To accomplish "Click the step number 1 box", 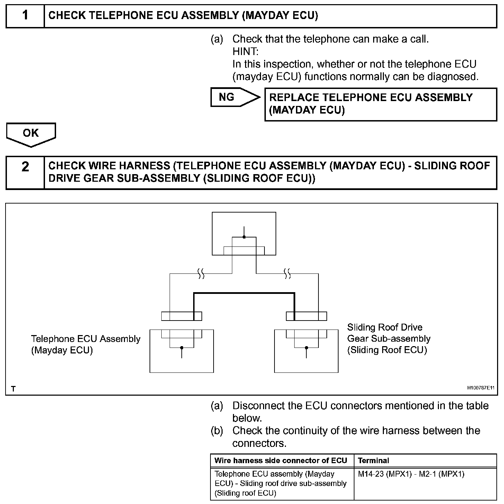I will pyautogui.click(x=25, y=16).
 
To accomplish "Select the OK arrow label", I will pyautogui.click(x=31, y=133).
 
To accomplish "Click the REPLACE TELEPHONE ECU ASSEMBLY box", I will pyautogui.click(x=380, y=104).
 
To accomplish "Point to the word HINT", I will pyautogui.click(x=245, y=52).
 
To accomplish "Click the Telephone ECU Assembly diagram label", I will pyautogui.click(x=85, y=344).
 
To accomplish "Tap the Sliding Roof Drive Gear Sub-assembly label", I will pyautogui.click(x=388, y=339).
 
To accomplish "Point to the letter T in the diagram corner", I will pyautogui.click(x=13, y=389).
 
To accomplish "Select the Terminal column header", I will pyautogui.click(x=373, y=461).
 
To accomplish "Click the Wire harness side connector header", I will pyautogui.click(x=281, y=461).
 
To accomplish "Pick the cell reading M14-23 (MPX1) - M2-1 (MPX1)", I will pyautogui.click(x=411, y=474).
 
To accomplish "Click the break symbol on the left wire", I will pyautogui.click(x=201, y=274).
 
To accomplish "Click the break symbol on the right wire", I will pyautogui.click(x=287, y=274).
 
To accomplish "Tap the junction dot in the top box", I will pyautogui.click(x=244, y=237).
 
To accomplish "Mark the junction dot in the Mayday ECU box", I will pyautogui.click(x=182, y=348).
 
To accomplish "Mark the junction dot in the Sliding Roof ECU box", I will pyautogui.click(x=306, y=348).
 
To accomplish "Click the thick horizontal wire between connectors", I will pyautogui.click(x=244, y=294).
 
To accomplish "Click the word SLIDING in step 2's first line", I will pyautogui.click(x=436, y=166).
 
